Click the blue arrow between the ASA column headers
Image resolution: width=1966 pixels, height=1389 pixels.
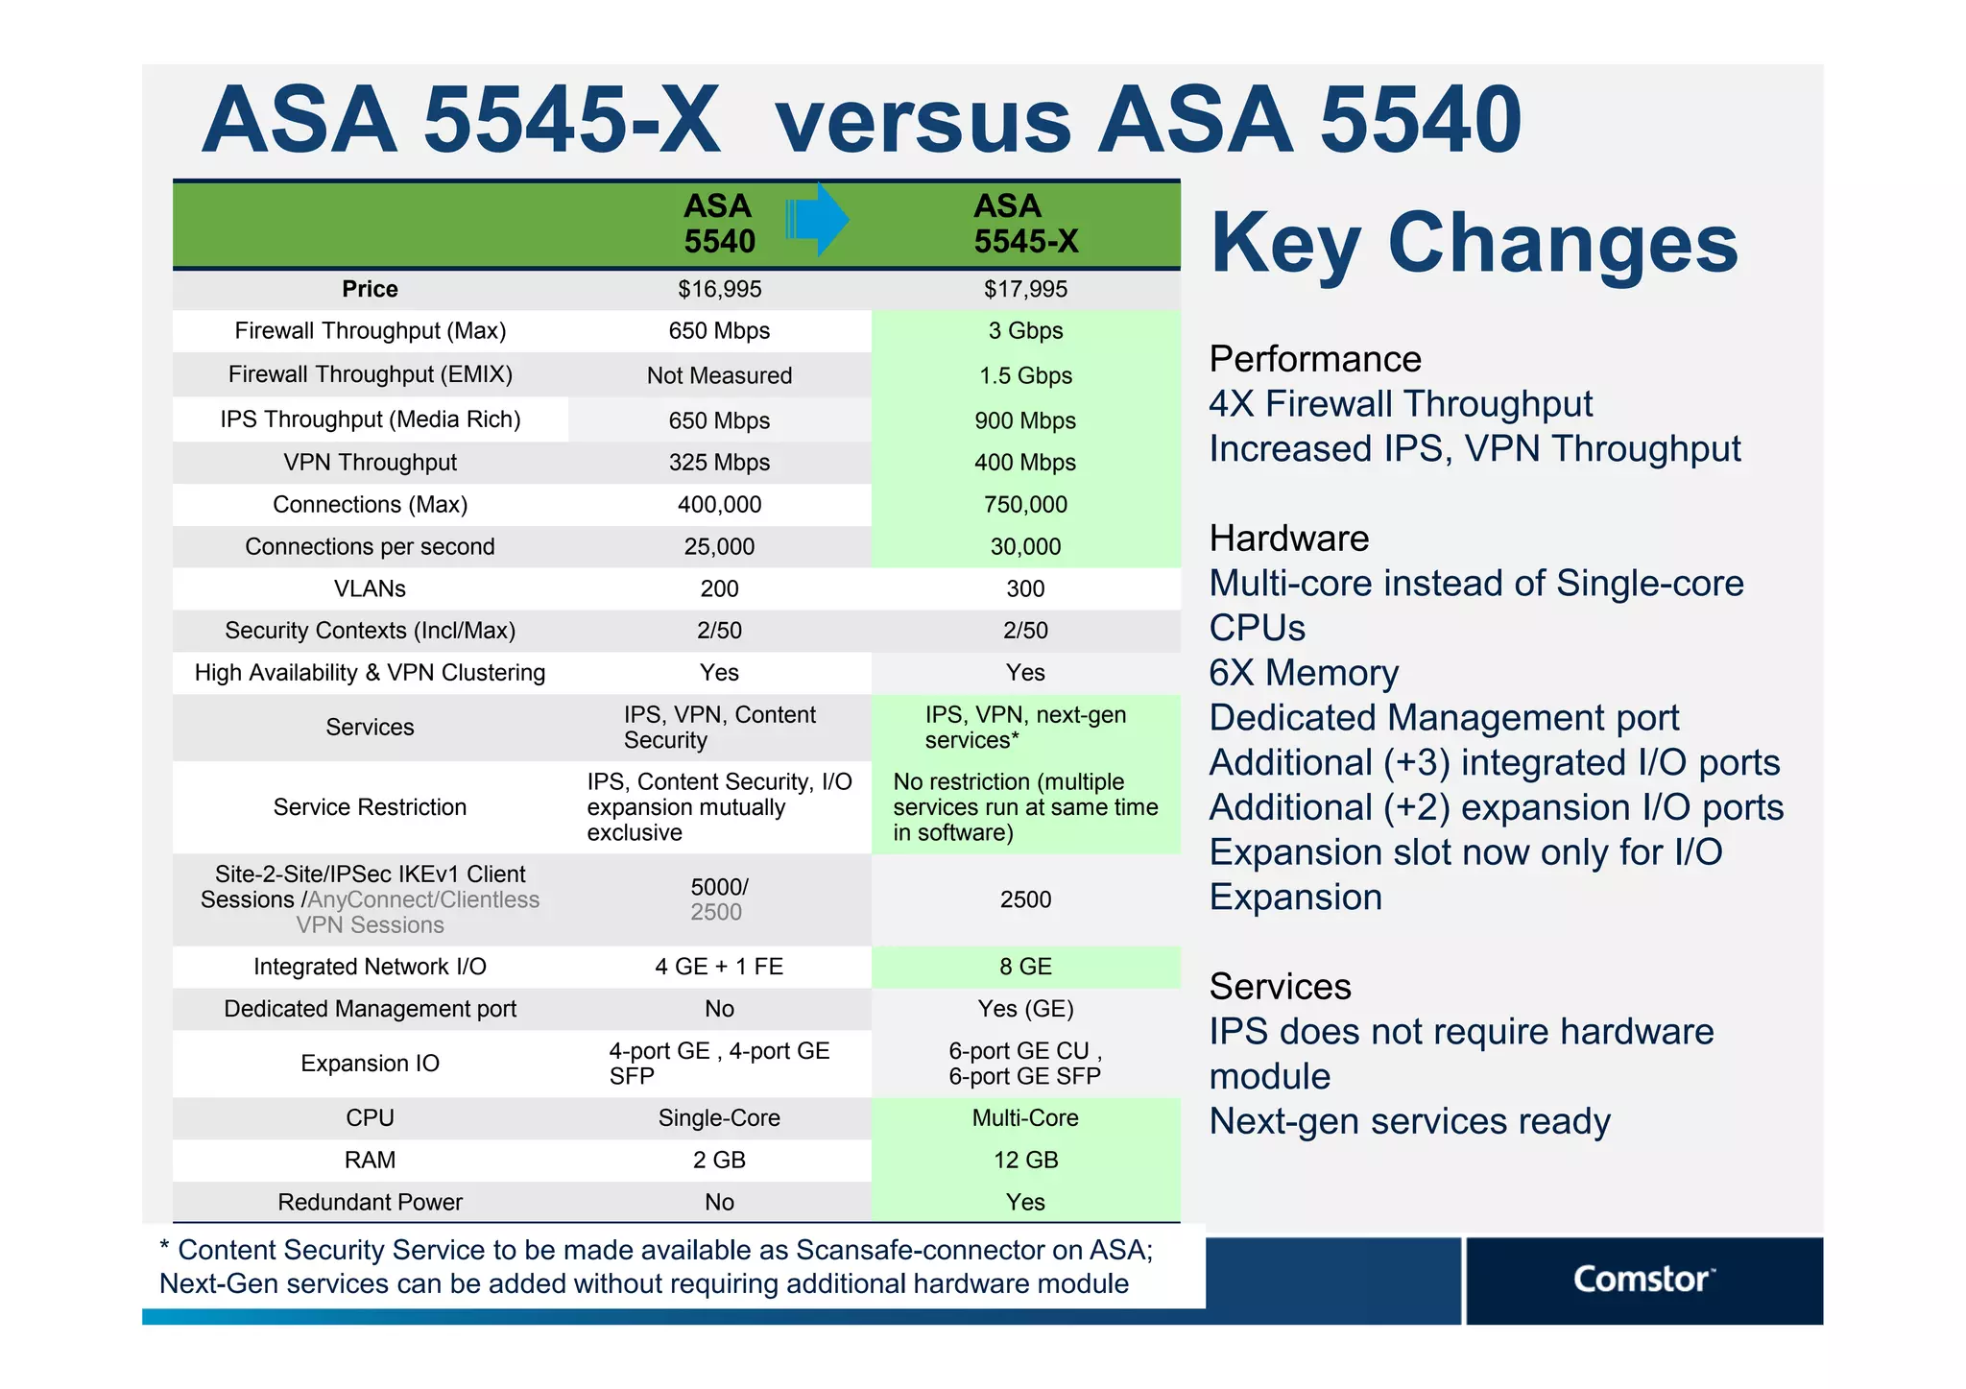pos(816,220)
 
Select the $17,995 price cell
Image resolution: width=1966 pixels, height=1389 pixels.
pos(1025,289)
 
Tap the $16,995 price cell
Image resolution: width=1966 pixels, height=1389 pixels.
pos(719,289)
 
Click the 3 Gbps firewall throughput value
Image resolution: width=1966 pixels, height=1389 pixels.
pos(1025,331)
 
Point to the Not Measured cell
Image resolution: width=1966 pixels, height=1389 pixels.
pos(719,375)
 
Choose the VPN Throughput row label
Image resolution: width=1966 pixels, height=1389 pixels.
pos(370,463)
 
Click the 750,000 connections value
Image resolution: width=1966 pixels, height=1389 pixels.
pos(1025,505)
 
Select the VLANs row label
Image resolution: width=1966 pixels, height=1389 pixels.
pos(370,588)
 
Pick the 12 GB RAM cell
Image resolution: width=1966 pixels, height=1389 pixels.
pos(1025,1160)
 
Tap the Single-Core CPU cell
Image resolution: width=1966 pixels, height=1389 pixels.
pos(719,1118)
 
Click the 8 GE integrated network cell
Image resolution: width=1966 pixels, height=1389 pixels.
pos(1025,967)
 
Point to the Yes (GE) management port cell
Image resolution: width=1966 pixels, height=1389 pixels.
pos(1025,1009)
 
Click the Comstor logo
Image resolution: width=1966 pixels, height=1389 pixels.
pos(1642,1280)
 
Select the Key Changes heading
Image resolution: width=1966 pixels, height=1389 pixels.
pos(1474,244)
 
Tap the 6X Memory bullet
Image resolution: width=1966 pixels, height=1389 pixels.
pos(1303,673)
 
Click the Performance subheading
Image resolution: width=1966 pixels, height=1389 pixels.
pos(1314,359)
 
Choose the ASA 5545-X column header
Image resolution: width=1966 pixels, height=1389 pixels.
pos(1025,224)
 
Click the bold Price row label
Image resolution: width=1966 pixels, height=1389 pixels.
pos(370,289)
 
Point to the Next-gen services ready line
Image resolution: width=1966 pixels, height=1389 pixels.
pos(1408,1121)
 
